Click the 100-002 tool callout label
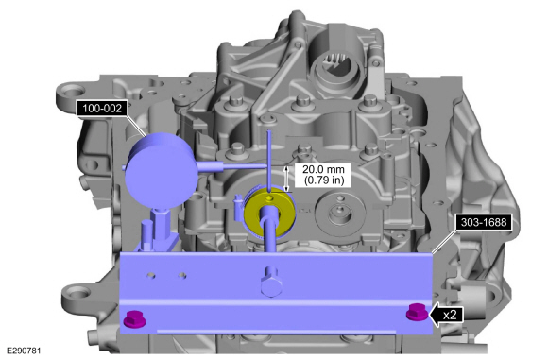[x=102, y=109]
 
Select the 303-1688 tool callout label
[x=484, y=222]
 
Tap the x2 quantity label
[x=450, y=315]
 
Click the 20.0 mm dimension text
[x=323, y=169]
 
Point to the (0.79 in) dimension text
[x=324, y=180]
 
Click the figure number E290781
[x=24, y=351]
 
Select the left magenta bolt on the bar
[x=134, y=317]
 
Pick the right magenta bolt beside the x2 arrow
[x=417, y=312]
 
